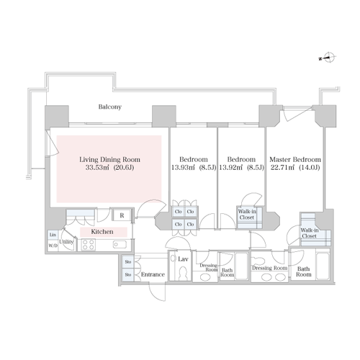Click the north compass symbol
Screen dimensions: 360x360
[x=328, y=58]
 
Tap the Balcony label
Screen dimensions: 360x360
[x=110, y=107]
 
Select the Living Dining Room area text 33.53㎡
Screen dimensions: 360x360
[x=97, y=168]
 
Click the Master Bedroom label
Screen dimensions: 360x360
[x=295, y=160]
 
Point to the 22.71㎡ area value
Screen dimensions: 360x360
[x=282, y=168]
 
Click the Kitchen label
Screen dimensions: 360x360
[x=102, y=232]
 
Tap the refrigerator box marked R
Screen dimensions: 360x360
[x=122, y=215]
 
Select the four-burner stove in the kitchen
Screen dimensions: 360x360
[x=89, y=245]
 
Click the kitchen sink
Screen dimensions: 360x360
[x=120, y=245]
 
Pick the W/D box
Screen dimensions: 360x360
[x=53, y=246]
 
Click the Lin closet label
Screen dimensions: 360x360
[x=53, y=235]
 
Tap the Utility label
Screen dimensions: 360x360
[x=66, y=242]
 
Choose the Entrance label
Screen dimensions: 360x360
[x=153, y=274]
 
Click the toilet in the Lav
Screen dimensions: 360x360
[x=183, y=274]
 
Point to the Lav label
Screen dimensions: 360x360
[x=183, y=259]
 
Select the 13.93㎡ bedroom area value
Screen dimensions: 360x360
[x=183, y=168]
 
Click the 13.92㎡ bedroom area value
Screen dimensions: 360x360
[x=230, y=168]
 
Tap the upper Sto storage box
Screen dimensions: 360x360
[x=128, y=261]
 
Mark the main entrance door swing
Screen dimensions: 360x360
[x=157, y=292]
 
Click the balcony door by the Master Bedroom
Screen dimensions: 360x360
[x=297, y=113]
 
